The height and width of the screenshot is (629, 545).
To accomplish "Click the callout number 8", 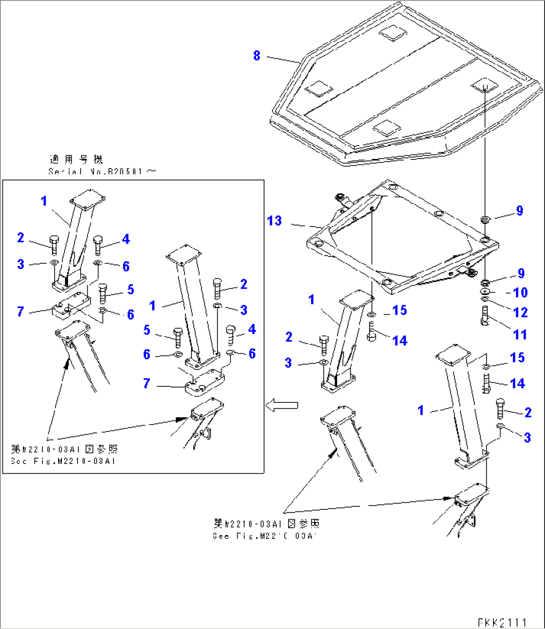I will click(256, 55).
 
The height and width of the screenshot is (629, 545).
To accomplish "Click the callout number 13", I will click(274, 220).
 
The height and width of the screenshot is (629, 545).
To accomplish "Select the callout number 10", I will click(520, 292).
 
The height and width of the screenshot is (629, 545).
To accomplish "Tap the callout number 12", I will click(520, 312).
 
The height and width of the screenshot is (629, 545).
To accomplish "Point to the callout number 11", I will click(520, 334).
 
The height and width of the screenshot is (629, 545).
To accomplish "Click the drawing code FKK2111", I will click(502, 622).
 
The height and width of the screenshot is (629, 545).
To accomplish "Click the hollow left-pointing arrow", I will click(281, 405).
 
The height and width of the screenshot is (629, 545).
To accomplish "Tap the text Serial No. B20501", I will click(102, 171).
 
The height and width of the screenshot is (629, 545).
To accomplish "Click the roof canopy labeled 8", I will click(400, 90).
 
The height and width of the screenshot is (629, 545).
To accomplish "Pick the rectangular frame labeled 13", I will click(400, 240).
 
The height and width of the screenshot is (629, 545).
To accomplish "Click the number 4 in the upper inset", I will click(125, 239).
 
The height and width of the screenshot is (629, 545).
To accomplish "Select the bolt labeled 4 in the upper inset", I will click(98, 245).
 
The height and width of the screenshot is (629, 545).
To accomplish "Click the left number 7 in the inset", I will click(20, 311).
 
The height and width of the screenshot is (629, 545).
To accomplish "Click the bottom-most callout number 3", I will click(527, 438).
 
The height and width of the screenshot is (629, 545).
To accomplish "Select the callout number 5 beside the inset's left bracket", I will click(130, 289).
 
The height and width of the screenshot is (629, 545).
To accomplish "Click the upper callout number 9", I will click(519, 211).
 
